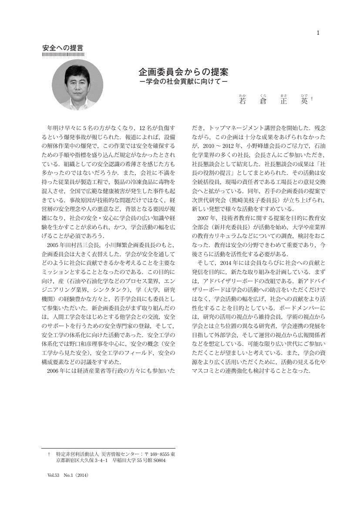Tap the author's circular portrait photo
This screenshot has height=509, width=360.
click(x=77, y=85)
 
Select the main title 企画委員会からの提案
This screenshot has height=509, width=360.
click(x=183, y=71)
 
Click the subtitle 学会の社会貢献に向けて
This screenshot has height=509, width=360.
click(x=183, y=81)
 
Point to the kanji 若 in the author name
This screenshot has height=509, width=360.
click(x=242, y=101)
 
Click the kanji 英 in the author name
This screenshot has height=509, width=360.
click(x=304, y=101)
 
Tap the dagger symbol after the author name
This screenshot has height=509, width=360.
click(x=312, y=99)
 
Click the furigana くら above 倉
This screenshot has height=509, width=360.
click(x=263, y=95)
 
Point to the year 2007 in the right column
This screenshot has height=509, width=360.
click(x=205, y=218)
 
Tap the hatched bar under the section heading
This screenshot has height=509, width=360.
click(x=63, y=54)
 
